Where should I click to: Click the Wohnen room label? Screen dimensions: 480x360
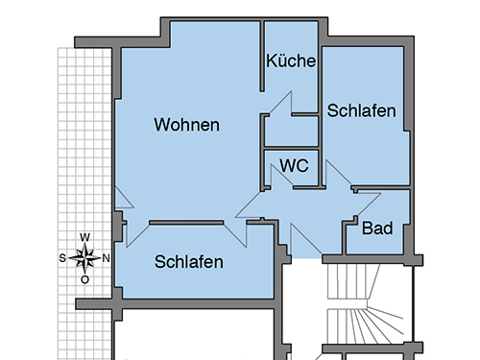(x=187, y=125)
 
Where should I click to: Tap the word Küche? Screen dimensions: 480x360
(x=291, y=60)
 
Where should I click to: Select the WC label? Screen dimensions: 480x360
(x=294, y=165)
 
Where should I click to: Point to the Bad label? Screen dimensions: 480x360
(x=377, y=228)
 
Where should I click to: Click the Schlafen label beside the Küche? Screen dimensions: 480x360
(x=361, y=110)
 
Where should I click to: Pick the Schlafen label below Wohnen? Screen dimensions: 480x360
(x=189, y=262)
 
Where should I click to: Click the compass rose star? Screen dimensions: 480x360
(x=84, y=258)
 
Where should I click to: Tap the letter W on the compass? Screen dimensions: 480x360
(x=84, y=237)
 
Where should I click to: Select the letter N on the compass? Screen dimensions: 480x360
(x=106, y=258)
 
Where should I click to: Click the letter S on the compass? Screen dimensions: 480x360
(x=62, y=258)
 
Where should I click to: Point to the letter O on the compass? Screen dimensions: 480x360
(x=84, y=280)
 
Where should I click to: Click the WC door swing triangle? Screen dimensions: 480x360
(x=281, y=176)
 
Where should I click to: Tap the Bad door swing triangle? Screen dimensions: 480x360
(x=368, y=204)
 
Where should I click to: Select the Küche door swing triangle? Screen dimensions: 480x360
(x=281, y=103)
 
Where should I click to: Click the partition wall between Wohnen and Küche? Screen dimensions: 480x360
(x=262, y=56)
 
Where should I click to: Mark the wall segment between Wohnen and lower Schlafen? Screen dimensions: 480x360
(x=186, y=223)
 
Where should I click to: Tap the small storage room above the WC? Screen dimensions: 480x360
(x=291, y=132)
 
